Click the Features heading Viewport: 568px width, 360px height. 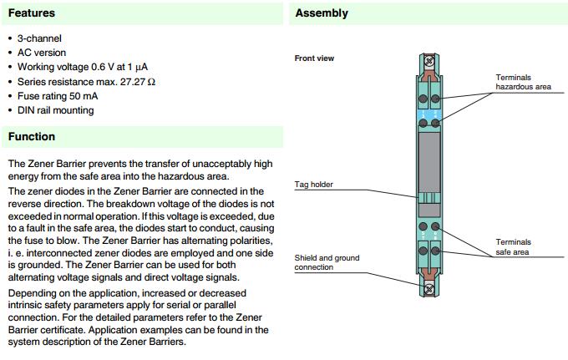pos(32,13)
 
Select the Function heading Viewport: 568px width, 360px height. pos(32,136)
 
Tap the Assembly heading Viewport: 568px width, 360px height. pos(322,13)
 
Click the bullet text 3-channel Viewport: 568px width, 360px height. pos(39,38)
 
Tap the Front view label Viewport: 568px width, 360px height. pos(314,58)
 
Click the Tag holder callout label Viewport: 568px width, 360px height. pos(314,183)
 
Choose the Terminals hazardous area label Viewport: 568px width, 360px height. pos(521,82)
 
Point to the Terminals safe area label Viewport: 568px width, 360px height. pos(513,246)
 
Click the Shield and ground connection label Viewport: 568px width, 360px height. pos(327,262)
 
